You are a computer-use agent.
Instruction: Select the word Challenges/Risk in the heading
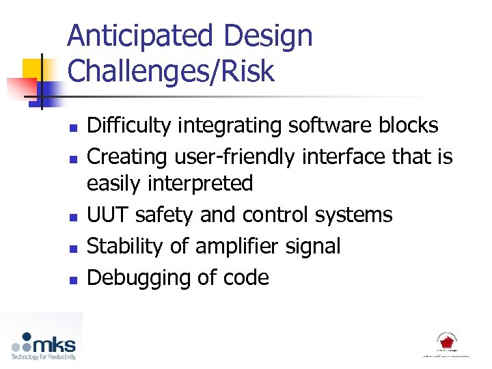pos(170,71)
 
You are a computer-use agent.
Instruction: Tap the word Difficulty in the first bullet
pos(129,126)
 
